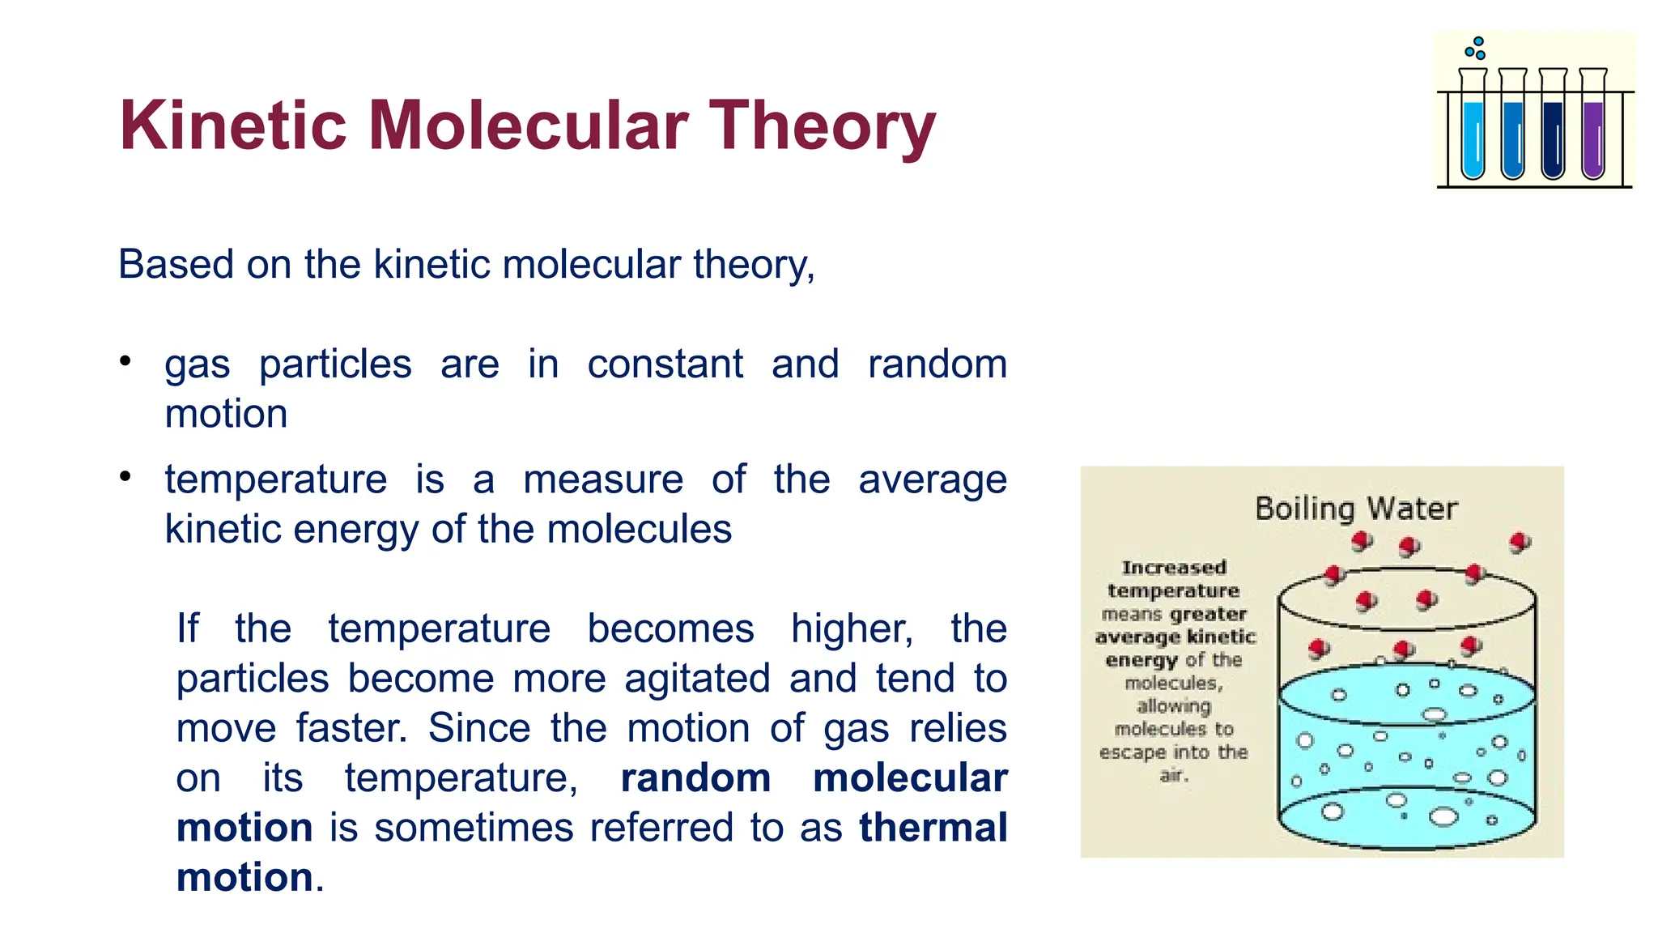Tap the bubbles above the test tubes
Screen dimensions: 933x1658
1476,49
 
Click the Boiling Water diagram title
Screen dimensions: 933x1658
1356,509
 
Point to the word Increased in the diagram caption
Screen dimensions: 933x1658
1174,568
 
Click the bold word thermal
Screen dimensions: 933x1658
933,828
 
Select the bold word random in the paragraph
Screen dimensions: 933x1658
695,778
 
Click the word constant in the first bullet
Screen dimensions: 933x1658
665,364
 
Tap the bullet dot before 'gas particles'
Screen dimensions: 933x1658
125,361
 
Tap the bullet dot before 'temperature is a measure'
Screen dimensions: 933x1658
125,476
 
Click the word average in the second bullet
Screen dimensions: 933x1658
932,479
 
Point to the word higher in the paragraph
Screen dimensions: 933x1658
852,629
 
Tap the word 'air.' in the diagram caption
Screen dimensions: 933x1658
1173,775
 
